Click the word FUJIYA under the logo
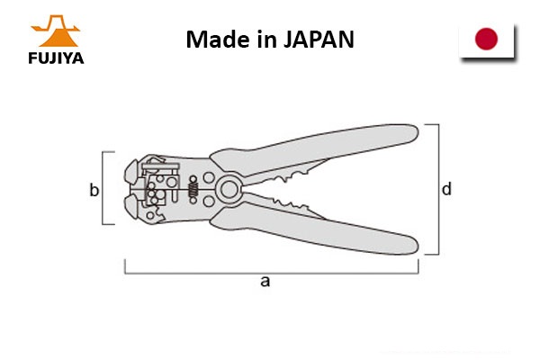click(x=56, y=58)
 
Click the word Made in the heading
click(x=218, y=40)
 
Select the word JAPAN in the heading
click(x=319, y=40)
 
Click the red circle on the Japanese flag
click(x=486, y=39)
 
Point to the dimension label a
click(x=265, y=282)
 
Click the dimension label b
click(x=94, y=190)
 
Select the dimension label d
click(x=446, y=189)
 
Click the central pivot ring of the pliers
click(x=229, y=189)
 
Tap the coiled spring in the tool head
click(x=193, y=190)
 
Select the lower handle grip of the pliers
click(x=314, y=229)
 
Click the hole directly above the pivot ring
click(x=209, y=177)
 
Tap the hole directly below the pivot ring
click(x=209, y=201)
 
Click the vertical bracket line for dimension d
click(x=439, y=189)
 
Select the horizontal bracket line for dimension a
click(x=272, y=274)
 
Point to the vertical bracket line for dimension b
click(x=103, y=188)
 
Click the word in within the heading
click(x=267, y=40)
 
